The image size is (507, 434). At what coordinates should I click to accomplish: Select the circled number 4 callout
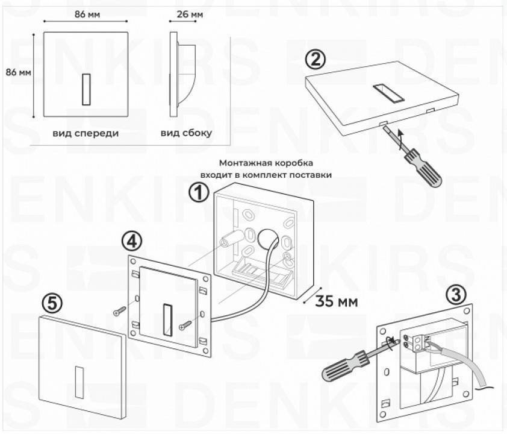point(131,241)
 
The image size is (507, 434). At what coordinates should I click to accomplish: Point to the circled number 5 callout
point(53,303)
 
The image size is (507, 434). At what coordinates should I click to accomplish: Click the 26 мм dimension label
point(191,12)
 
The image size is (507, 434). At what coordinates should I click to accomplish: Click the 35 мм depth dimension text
point(335,301)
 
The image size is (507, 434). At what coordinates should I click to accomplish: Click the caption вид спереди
point(86,133)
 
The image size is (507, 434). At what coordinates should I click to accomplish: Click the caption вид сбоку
point(186,133)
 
